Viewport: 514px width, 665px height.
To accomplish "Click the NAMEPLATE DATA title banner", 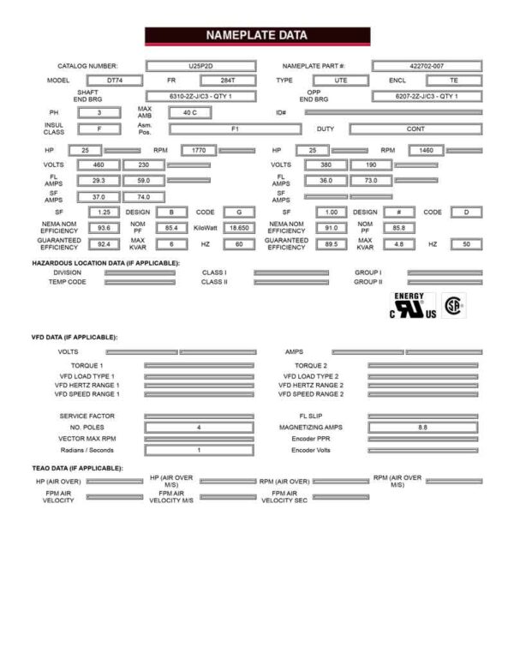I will point(257,36).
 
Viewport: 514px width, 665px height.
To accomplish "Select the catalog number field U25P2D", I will point(202,66).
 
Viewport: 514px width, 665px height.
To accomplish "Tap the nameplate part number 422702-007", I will point(427,66).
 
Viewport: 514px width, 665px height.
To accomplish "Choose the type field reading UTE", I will point(340,81).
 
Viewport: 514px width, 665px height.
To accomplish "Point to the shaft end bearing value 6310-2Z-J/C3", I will point(200,96).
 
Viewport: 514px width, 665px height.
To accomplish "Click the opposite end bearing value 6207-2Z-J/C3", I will point(426,96).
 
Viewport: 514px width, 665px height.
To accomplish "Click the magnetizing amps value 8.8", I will point(423,426).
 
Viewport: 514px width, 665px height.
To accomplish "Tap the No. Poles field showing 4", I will point(198,426).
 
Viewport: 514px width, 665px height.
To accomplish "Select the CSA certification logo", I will point(453,306).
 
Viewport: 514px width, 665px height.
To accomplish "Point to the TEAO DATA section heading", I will point(77,468).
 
